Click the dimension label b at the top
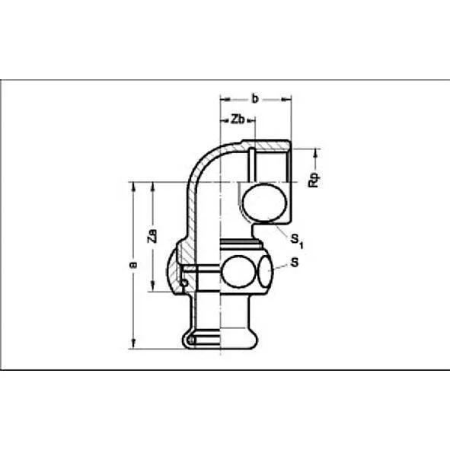255,97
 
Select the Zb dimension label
237,120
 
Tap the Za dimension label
152,236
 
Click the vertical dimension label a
132,265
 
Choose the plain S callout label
294,263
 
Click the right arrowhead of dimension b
287,98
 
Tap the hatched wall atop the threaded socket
266,142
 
